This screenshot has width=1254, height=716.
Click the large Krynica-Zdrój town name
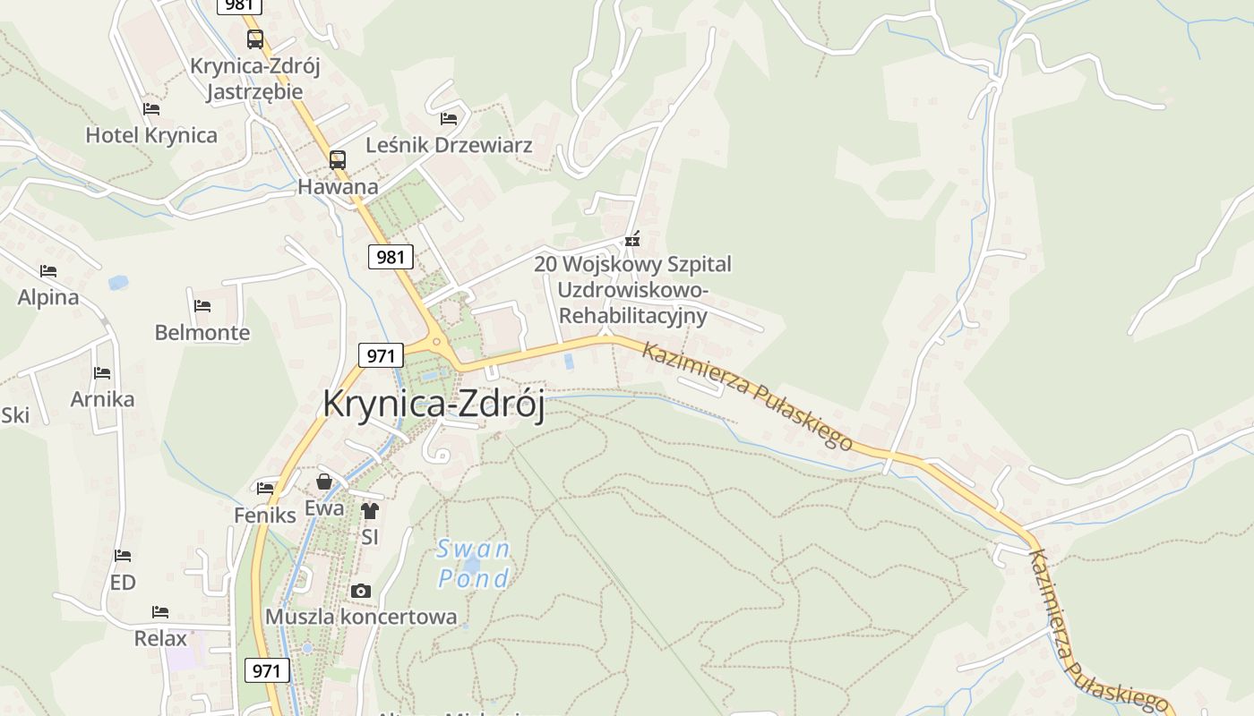434,404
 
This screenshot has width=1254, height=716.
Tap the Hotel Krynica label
151,135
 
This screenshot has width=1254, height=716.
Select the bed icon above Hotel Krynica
151,109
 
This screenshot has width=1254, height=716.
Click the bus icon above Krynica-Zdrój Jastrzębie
255,39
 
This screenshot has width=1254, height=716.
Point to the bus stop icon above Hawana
338,160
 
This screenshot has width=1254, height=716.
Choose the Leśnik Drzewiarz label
449,145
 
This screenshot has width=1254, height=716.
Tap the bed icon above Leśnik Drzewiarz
449,118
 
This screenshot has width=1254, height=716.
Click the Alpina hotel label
48,297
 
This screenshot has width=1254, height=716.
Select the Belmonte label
202,333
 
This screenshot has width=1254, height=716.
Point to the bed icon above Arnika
102,373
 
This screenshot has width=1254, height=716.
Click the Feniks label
265,516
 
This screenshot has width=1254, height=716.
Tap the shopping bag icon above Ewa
324,482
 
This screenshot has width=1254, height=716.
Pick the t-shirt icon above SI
370,511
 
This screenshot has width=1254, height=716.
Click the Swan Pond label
474,563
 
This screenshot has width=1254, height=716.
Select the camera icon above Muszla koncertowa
361,591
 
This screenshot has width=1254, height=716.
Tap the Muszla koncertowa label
361,617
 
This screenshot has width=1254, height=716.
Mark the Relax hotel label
160,638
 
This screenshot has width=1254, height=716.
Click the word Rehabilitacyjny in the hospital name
632,316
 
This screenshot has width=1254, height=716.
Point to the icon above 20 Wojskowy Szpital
632,239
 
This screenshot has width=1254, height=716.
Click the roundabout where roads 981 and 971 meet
436,340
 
